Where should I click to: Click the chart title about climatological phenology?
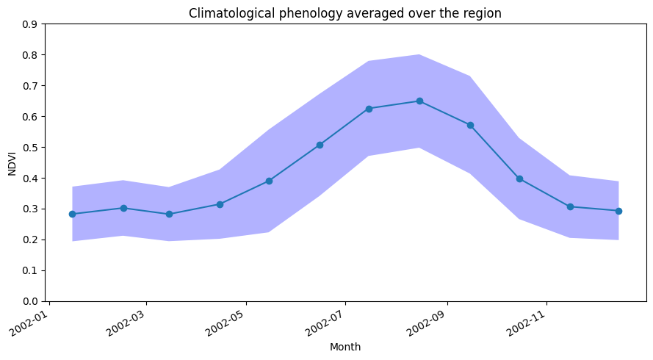345,13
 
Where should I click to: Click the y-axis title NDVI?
12,162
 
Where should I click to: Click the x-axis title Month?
345,347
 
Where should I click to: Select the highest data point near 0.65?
419,101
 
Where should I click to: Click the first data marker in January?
72,214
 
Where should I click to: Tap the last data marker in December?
618,211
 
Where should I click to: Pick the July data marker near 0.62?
369,109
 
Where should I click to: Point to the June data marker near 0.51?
320,145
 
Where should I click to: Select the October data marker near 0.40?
519,179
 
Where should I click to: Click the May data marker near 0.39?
269,181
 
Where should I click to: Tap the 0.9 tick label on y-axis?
30,24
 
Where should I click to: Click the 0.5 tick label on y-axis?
30,148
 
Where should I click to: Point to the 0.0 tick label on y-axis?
30,301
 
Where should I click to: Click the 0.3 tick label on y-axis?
30,209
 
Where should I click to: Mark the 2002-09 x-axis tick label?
427,321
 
